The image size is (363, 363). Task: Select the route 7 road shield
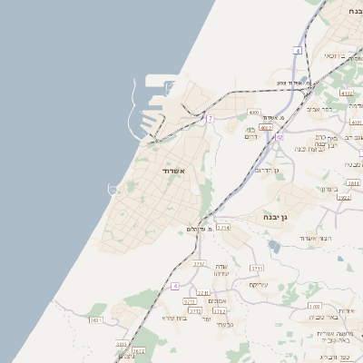(210, 118)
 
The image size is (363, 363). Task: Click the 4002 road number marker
(266, 128)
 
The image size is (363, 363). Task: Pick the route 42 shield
(281, 137)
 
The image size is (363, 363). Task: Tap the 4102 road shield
(347, 93)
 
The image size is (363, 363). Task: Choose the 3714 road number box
(223, 227)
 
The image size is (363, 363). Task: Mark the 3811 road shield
(354, 182)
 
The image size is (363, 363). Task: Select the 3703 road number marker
(314, 307)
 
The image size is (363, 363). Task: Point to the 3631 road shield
(96, 319)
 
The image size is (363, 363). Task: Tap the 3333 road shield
(122, 345)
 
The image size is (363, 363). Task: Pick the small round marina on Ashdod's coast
(113, 189)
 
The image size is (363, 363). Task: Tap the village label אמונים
(217, 300)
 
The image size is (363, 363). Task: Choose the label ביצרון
(329, 188)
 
